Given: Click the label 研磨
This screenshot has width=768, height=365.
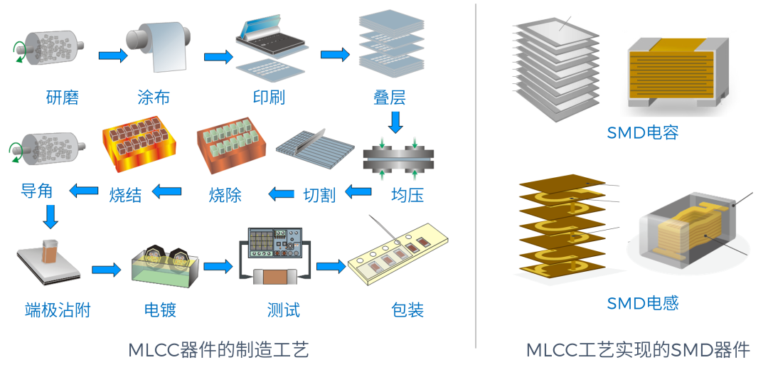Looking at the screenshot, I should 63,97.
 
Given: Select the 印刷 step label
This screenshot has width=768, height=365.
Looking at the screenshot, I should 269,97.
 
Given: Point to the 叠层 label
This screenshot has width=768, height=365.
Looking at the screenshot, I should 389,97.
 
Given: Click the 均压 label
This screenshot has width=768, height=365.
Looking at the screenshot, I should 407,194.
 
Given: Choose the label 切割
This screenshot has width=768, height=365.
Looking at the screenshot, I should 319,194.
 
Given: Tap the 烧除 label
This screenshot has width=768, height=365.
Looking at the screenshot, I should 225,194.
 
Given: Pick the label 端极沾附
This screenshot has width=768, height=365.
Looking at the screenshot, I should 58,310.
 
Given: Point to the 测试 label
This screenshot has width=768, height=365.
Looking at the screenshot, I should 283,310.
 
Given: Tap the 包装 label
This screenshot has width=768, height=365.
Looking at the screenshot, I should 407,310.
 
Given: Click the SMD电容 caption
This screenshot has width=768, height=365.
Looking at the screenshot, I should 643,132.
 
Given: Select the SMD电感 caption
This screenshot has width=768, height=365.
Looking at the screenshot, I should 643,303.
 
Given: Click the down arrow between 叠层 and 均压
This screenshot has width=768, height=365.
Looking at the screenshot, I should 395,122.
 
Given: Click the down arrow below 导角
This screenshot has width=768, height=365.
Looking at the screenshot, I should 50,216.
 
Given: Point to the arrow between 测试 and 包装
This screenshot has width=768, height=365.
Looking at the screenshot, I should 331,266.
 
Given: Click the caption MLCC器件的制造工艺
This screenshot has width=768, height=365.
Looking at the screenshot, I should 219,350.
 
